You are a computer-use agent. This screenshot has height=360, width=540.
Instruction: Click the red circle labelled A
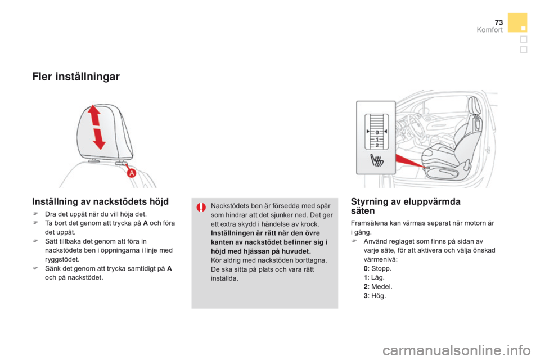132,173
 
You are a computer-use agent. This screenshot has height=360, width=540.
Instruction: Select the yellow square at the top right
517,22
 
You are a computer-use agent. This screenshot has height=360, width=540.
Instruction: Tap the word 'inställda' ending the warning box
225,278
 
